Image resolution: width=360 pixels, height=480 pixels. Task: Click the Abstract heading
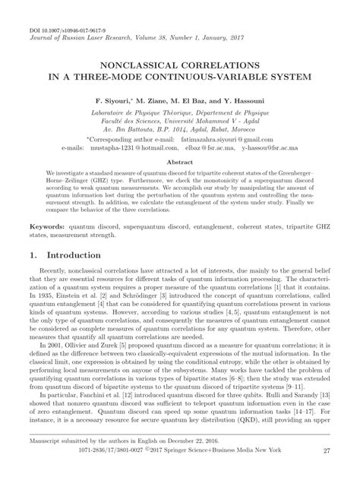(179, 163)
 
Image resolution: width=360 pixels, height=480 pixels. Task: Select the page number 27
(327, 472)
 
